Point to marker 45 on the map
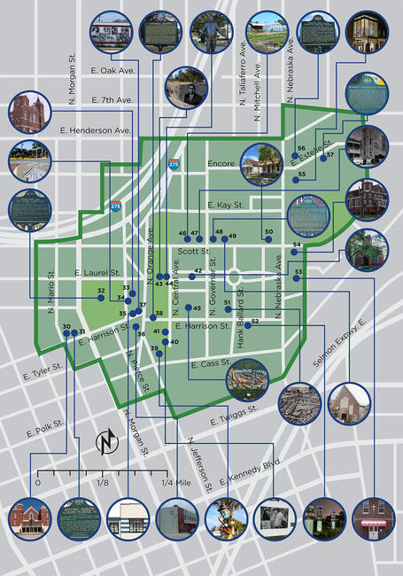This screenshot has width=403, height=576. [x=187, y=308]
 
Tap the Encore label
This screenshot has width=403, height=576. [x=221, y=164]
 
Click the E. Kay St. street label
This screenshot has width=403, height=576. [x=225, y=205]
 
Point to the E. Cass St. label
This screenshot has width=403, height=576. [x=209, y=364]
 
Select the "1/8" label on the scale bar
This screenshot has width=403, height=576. [x=103, y=483]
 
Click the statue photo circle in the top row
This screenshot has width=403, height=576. [x=211, y=33]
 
